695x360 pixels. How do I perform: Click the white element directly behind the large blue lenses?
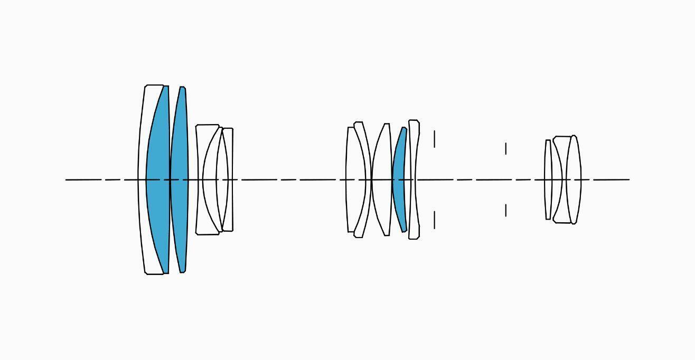(200, 158)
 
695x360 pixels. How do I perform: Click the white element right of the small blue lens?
(414, 158)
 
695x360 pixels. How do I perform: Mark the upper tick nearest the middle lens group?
(435, 139)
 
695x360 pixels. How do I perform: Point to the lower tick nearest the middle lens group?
(435, 220)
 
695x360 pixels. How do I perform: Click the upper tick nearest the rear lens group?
(506, 148)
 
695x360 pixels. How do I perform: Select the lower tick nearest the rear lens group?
(506, 210)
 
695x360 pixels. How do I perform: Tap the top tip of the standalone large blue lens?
(183, 88)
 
